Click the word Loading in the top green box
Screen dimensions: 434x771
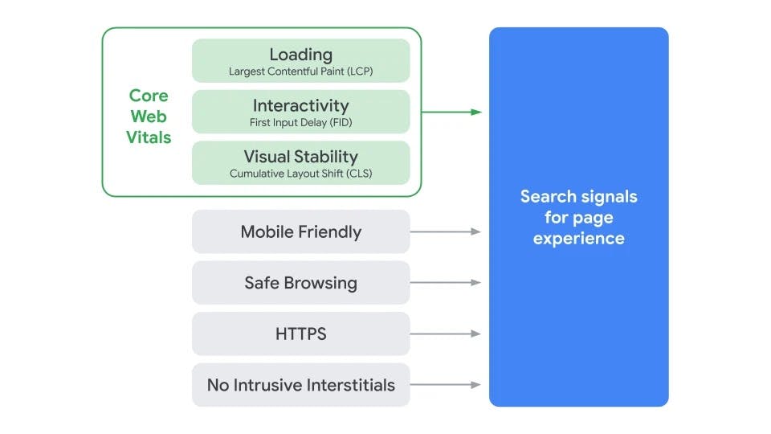coord(300,55)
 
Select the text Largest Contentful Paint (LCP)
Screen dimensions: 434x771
coord(300,72)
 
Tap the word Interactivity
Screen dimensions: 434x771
coord(300,105)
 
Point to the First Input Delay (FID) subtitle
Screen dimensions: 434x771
coord(300,123)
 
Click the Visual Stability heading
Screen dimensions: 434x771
coord(300,157)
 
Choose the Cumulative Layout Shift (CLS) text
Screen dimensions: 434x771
coord(300,174)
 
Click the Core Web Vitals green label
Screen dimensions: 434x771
coord(149,117)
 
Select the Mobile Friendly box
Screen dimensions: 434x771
coord(300,232)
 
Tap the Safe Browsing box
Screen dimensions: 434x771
coord(300,283)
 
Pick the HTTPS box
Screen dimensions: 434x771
coord(300,334)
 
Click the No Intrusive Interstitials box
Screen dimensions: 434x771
coord(300,385)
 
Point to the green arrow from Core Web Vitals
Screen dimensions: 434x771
coord(451,112)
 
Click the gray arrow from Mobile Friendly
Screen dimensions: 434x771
coord(446,231)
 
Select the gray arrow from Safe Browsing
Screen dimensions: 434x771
coord(446,283)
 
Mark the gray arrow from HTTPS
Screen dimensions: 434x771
coord(446,334)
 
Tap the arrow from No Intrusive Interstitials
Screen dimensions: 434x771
coord(446,385)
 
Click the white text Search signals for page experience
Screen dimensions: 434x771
coord(578,217)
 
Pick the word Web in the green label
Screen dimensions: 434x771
coord(149,117)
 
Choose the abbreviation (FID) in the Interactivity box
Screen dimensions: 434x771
coord(338,123)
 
